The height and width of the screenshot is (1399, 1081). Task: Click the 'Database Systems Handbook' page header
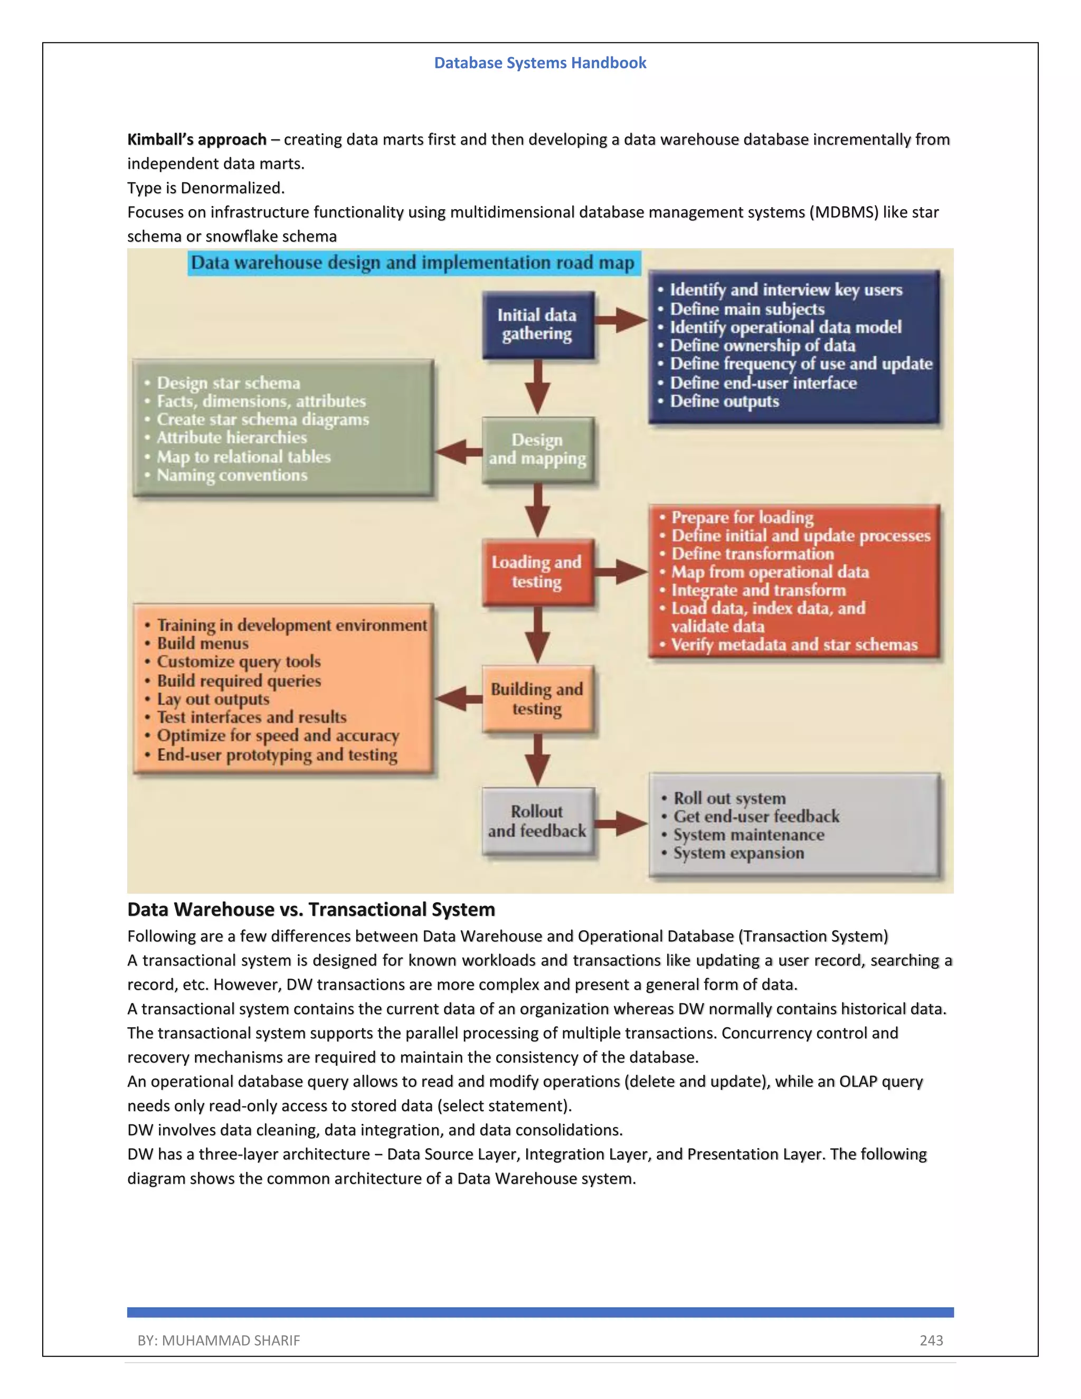click(540, 63)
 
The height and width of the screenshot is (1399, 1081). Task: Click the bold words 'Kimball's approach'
click(196, 140)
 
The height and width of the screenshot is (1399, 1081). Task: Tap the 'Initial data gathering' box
click(537, 325)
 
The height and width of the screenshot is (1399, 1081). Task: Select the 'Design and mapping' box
click(537, 450)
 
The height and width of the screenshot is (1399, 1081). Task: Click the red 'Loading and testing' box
click(537, 572)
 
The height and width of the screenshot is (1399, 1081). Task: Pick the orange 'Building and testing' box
click(537, 699)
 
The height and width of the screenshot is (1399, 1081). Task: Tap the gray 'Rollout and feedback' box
click(537, 821)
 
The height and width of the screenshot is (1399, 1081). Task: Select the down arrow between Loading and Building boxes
click(537, 635)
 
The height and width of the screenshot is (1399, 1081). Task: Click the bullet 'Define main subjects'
click(747, 309)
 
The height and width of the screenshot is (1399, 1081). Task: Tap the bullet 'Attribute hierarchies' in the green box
click(232, 438)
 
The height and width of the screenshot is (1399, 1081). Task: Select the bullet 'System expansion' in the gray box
click(738, 853)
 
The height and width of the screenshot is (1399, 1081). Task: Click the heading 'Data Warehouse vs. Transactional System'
click(311, 910)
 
